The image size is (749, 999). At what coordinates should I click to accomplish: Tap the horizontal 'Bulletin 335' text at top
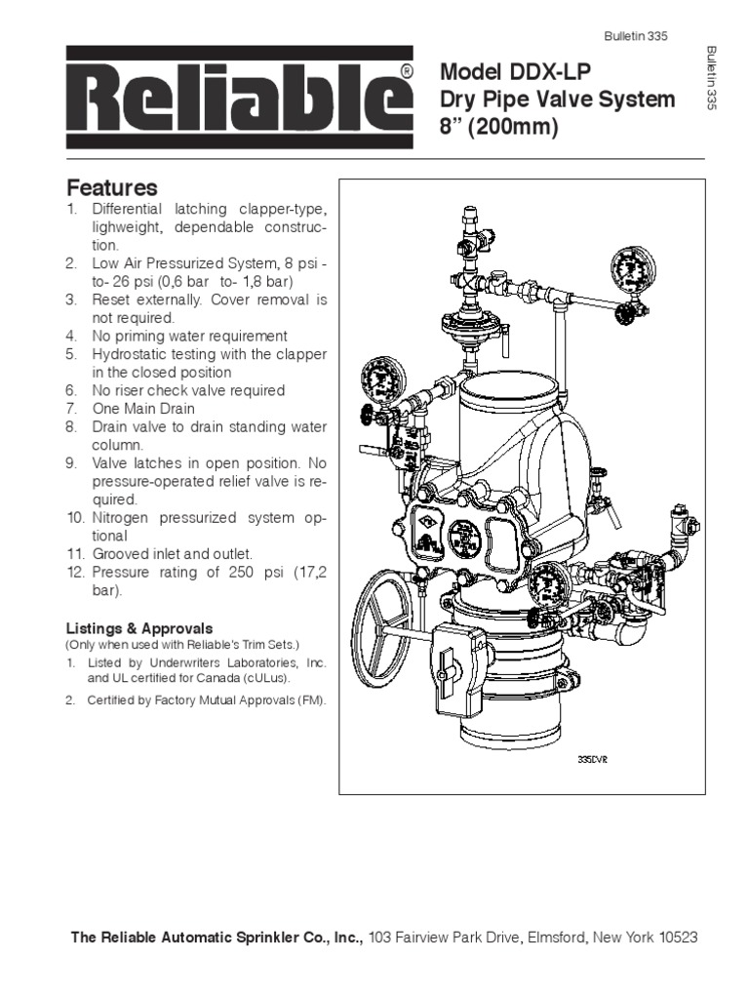coord(635,37)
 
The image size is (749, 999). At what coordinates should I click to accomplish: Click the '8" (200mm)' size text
coord(499,128)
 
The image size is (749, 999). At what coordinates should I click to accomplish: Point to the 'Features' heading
coord(111,187)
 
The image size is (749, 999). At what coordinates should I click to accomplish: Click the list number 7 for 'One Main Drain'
coord(71,409)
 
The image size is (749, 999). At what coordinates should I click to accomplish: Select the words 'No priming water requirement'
coord(189,337)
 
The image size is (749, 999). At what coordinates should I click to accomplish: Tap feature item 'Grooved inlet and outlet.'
coord(173,553)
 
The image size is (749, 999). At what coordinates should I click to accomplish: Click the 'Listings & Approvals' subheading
coord(138,628)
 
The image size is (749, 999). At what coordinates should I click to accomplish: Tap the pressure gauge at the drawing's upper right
coord(636,270)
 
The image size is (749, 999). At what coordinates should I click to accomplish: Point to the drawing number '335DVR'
coord(592,756)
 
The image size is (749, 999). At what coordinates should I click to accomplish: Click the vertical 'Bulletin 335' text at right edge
coord(711,77)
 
